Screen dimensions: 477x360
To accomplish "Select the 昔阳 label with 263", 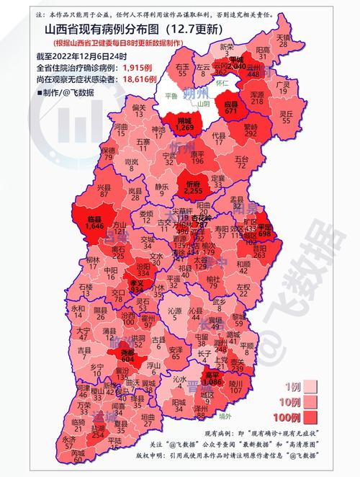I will click(260, 250).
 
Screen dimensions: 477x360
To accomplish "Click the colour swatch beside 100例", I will click(310, 416).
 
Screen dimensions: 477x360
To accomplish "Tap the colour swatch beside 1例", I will click(310, 386).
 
